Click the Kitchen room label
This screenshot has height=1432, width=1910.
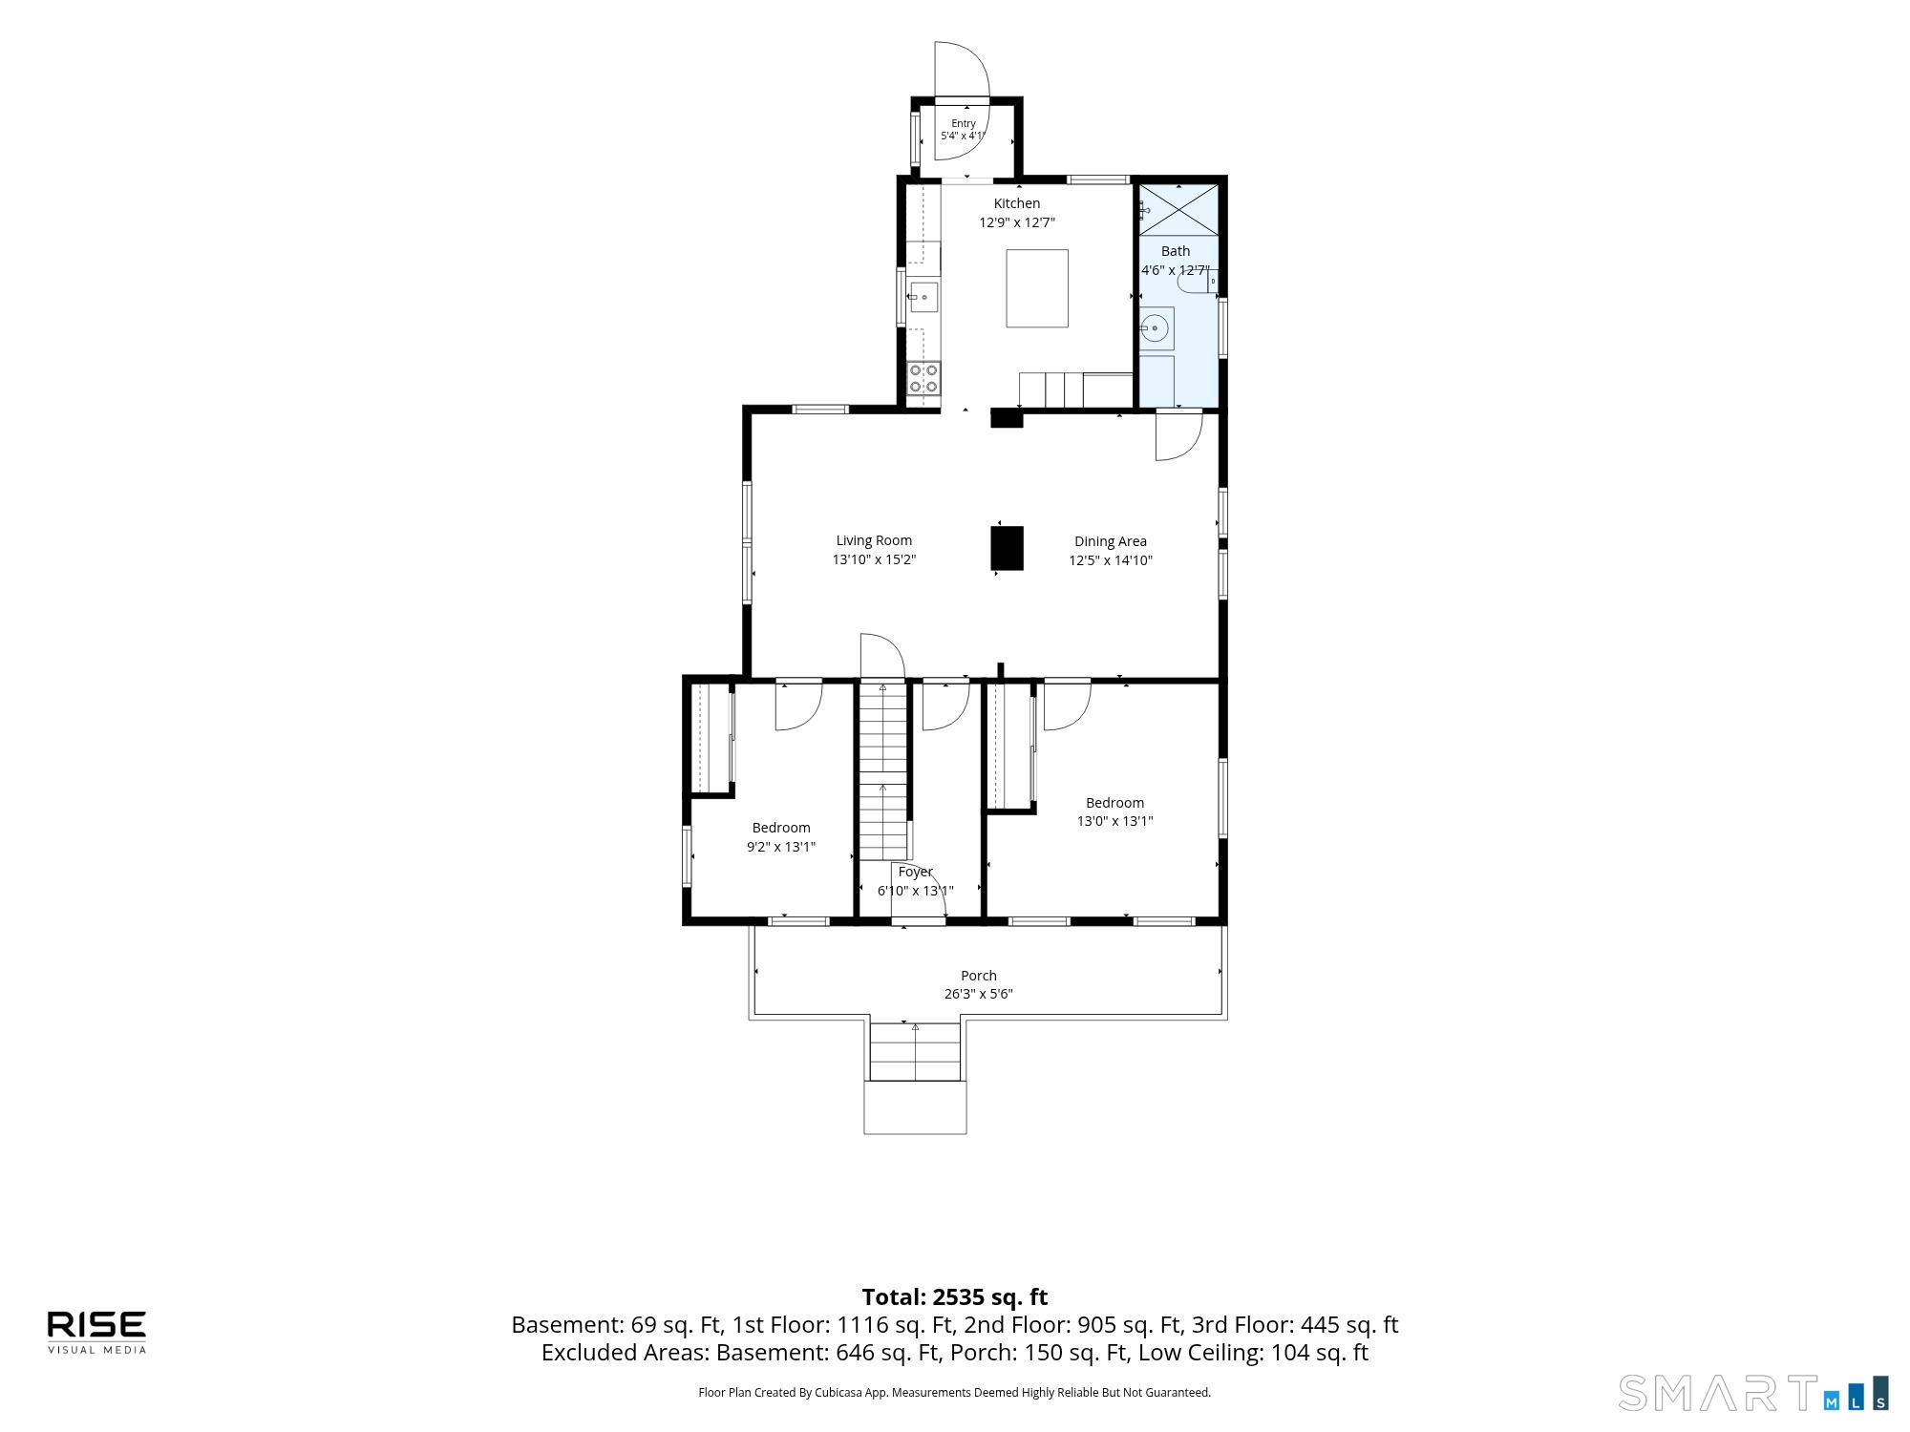(x=1017, y=203)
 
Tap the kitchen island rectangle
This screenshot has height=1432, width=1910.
(x=1037, y=288)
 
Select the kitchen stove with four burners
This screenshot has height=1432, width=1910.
(x=923, y=378)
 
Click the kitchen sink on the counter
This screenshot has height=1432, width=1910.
(x=923, y=297)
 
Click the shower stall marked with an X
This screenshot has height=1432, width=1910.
(x=1179, y=209)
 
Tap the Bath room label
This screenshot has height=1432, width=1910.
(x=1176, y=251)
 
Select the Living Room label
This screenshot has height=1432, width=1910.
(x=874, y=540)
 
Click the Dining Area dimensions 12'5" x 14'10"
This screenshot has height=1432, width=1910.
(x=1111, y=560)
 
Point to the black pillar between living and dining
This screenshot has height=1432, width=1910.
(x=1008, y=549)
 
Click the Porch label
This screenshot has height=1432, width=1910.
(x=979, y=976)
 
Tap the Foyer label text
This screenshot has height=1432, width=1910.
(x=916, y=872)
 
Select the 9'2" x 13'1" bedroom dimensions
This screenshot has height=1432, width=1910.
(x=781, y=847)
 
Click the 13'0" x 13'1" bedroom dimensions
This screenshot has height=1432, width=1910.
(x=1115, y=821)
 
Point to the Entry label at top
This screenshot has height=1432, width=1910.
(x=964, y=123)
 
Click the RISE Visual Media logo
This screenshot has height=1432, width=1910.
(x=97, y=1332)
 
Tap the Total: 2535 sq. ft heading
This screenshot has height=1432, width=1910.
(x=955, y=1297)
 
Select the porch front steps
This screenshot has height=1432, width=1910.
(x=915, y=1052)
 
